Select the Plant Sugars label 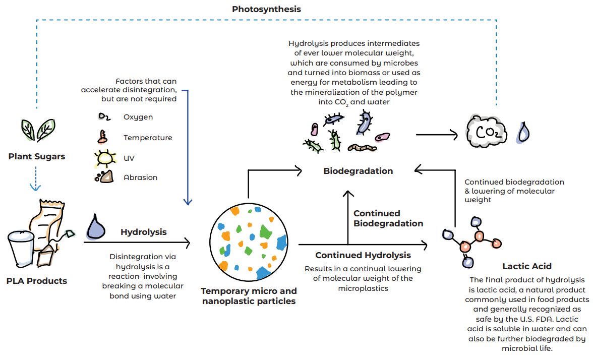click(x=37, y=156)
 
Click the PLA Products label click(x=37, y=281)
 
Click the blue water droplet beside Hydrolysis click(x=96, y=226)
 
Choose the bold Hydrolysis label click(x=144, y=232)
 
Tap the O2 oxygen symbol click(x=104, y=117)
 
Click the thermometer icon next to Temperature click(x=104, y=137)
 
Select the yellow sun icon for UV click(x=105, y=158)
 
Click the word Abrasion click(x=141, y=177)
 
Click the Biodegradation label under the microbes click(x=358, y=171)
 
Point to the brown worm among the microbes click(x=362, y=148)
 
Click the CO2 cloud click(x=485, y=132)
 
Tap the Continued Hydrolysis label click(x=363, y=255)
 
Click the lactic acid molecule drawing click(x=472, y=241)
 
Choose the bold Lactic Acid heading click(x=527, y=266)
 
